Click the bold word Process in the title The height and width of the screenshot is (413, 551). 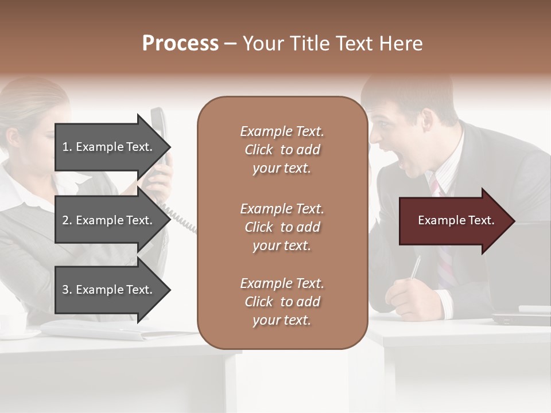point(180,44)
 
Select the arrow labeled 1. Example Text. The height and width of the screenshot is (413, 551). point(109,147)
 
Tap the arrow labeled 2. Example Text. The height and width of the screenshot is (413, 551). point(109,220)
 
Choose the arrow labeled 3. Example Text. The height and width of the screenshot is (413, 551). point(109,290)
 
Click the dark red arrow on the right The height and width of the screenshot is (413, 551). point(456,221)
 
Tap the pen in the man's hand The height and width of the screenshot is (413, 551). point(415,267)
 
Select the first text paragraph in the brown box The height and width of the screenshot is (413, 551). point(282,150)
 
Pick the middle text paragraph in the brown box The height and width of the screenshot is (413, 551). point(282,227)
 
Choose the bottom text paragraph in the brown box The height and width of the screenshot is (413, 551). point(282,302)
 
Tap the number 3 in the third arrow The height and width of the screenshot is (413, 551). point(65,290)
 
